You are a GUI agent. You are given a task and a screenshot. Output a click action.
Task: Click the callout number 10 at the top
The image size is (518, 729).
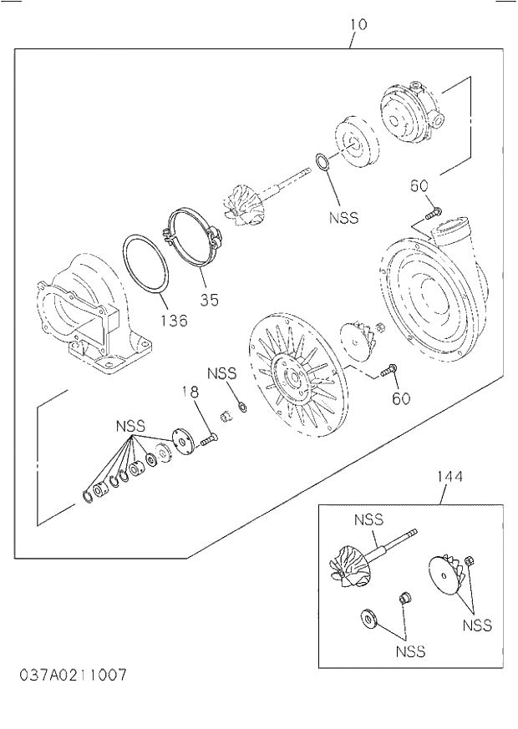click(x=357, y=25)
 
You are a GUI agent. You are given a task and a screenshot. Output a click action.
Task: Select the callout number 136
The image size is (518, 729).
click(x=175, y=320)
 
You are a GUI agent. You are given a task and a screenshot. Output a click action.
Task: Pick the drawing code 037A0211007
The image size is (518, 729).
click(x=74, y=674)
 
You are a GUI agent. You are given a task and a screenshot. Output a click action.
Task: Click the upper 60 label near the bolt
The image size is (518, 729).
click(x=419, y=185)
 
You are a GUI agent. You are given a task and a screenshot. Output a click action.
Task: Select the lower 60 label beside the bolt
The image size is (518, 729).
click(x=401, y=398)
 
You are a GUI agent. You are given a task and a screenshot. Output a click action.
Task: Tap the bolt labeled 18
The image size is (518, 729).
click(x=209, y=436)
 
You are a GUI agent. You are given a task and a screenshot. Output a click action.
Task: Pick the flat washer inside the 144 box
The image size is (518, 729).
click(x=368, y=619)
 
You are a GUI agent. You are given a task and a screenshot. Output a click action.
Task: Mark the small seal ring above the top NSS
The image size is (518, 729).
click(x=322, y=160)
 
